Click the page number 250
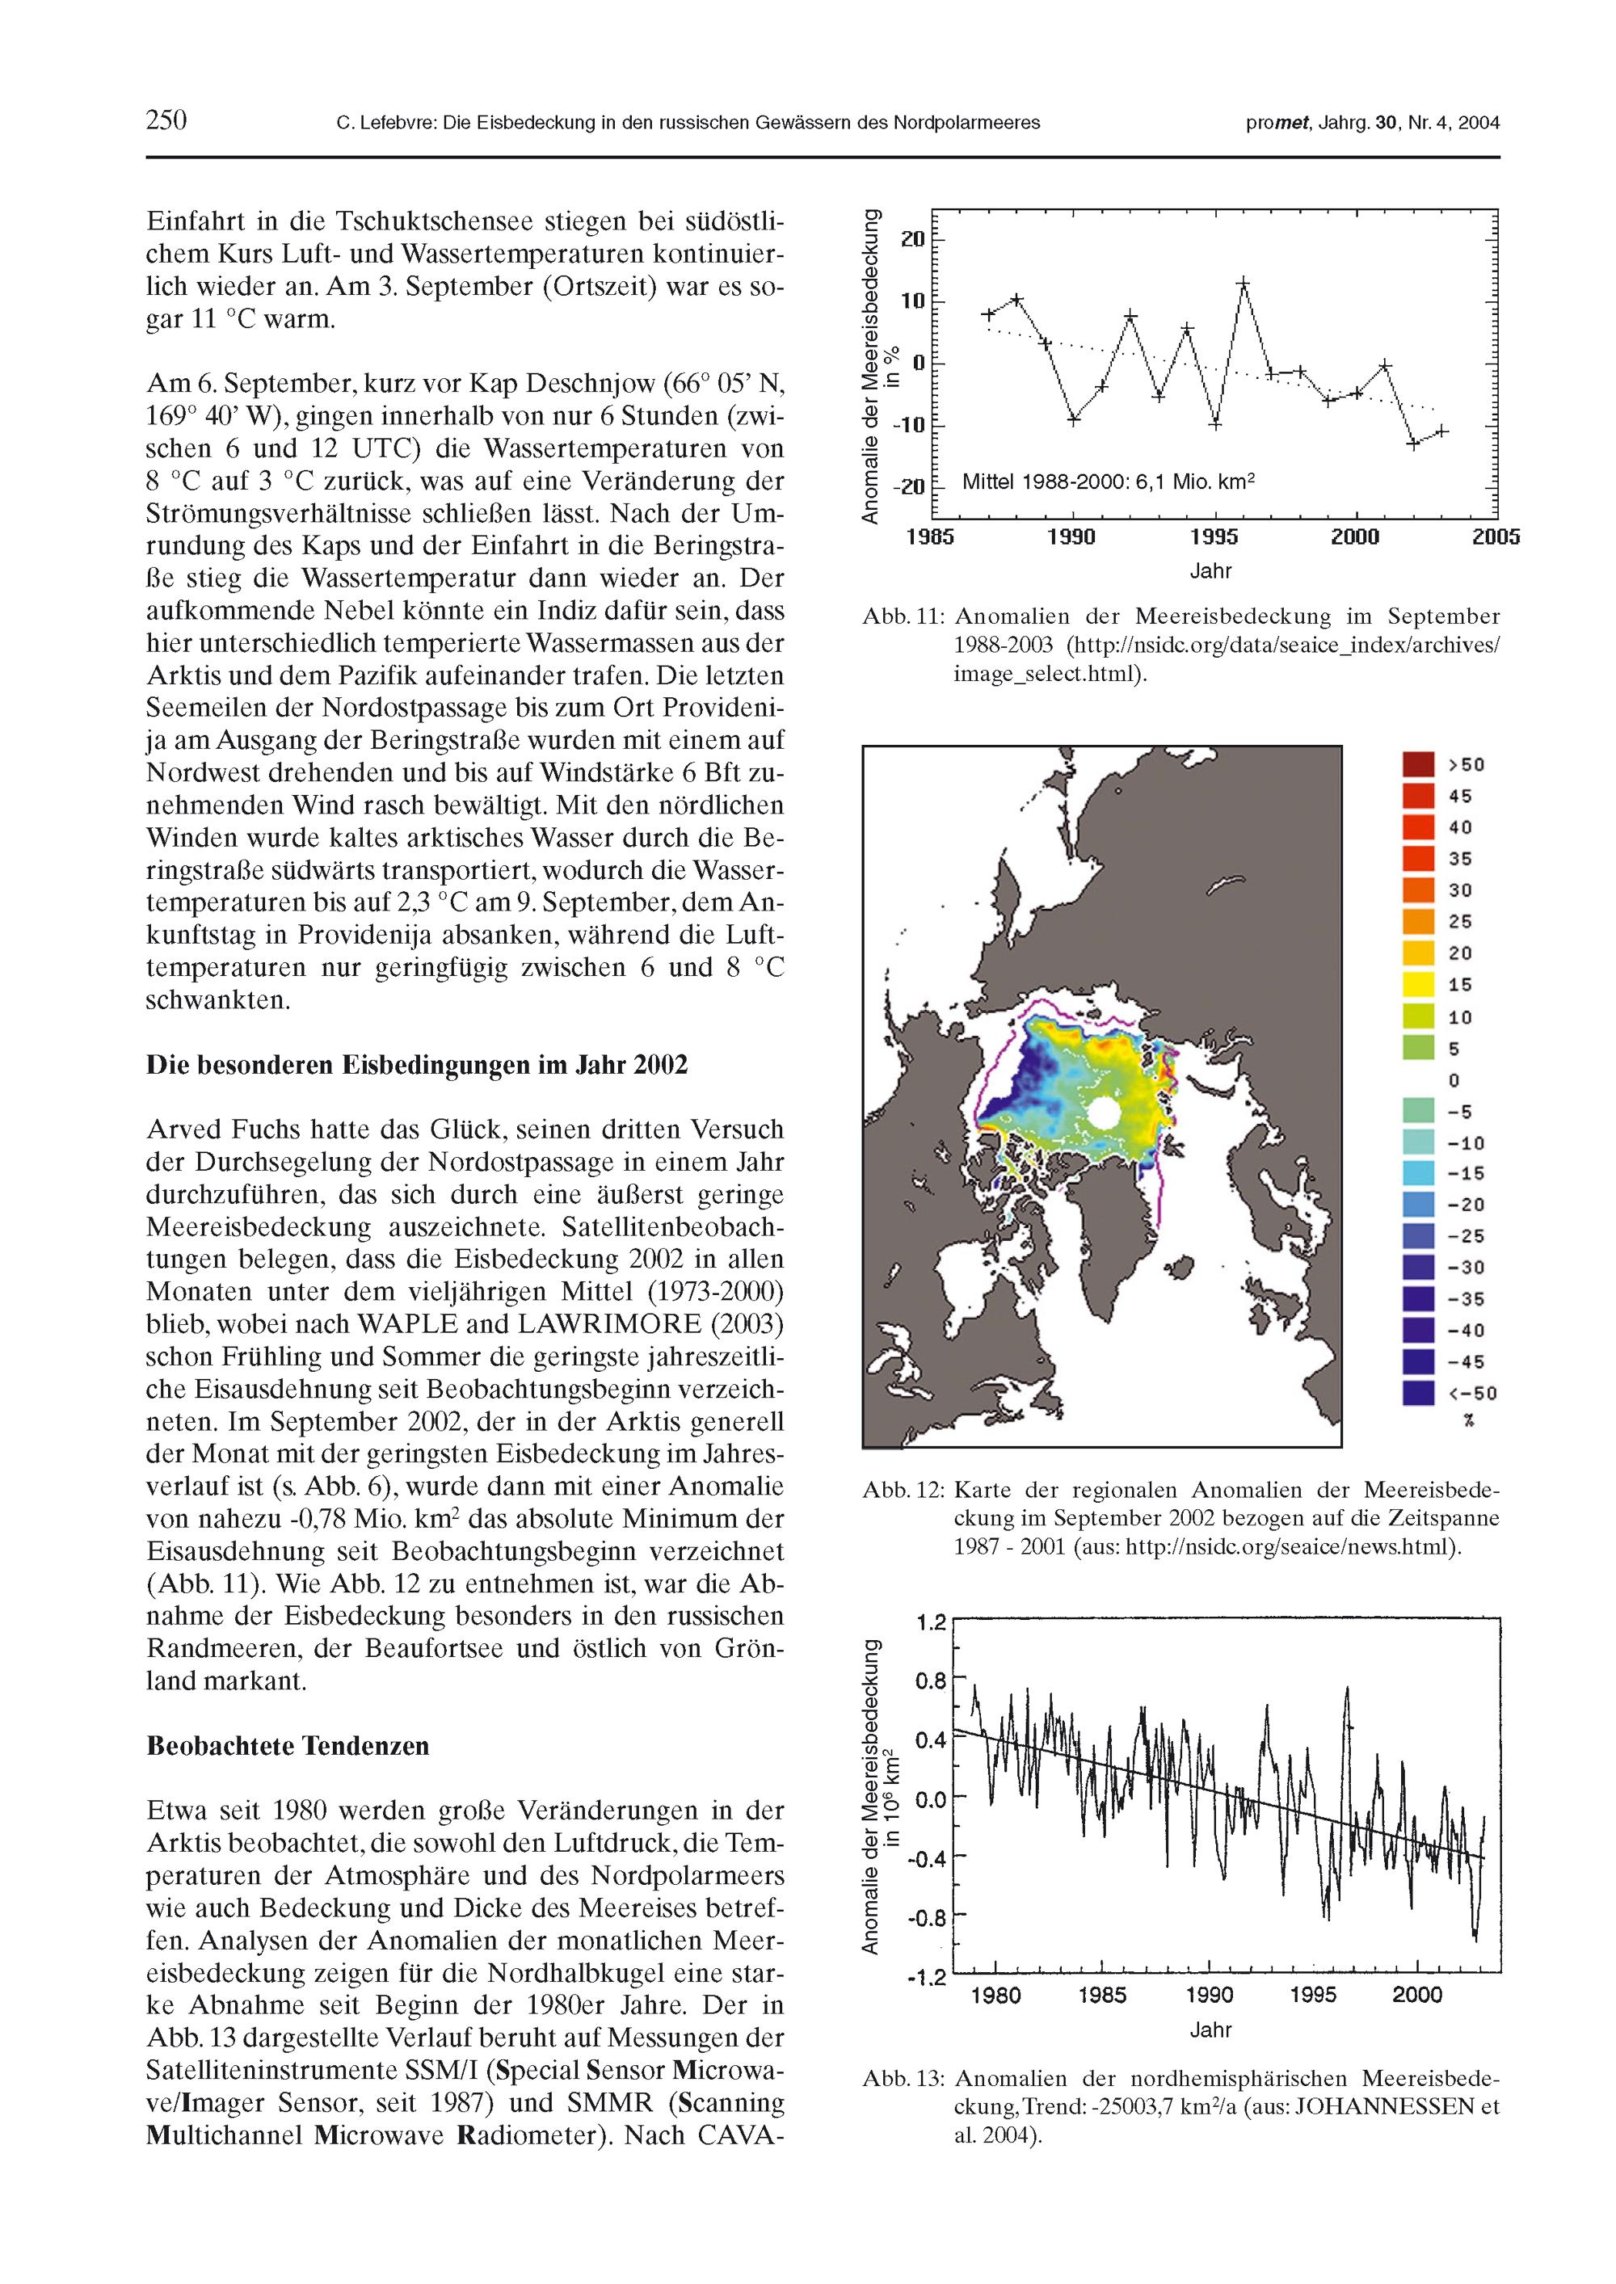166,120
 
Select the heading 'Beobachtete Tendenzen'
288,1746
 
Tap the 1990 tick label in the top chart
1071,537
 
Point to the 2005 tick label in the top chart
1496,537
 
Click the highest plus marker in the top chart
1243,284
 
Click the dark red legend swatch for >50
1418,764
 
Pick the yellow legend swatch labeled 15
1418,985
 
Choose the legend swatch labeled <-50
1418,1393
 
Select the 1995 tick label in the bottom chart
1312,1995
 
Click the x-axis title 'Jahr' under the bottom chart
1211,2030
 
